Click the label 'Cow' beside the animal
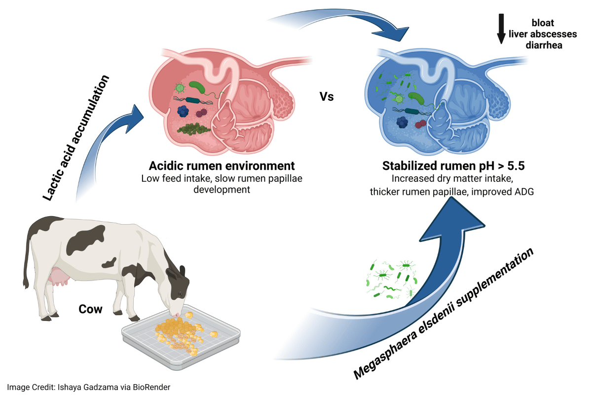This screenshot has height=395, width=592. (91, 310)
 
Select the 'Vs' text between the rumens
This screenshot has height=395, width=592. (327, 97)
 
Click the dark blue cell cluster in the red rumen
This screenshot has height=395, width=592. (184, 111)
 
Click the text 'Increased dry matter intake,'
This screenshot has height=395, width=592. (448, 179)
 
